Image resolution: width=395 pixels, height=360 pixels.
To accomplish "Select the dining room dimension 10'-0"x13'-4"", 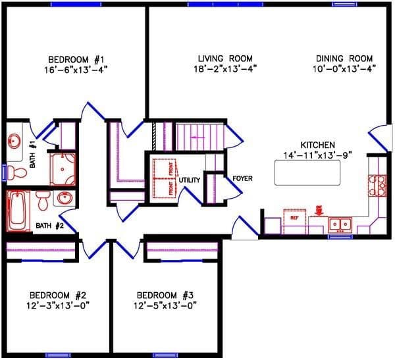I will [344, 68].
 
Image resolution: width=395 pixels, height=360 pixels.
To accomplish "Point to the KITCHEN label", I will [318, 145].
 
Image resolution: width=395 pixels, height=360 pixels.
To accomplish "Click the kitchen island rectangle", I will [307, 172].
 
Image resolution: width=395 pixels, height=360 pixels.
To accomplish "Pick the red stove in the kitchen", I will [378, 186].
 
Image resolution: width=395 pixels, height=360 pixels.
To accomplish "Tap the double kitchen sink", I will [340, 224].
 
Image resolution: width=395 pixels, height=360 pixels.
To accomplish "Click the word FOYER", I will [243, 178].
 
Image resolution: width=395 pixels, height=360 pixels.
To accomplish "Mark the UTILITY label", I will [190, 179].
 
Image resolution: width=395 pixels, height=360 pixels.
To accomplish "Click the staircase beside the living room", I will [199, 137].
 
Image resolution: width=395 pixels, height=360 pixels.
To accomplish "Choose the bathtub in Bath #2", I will [18, 210].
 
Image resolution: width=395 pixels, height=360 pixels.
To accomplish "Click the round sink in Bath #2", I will [65, 197].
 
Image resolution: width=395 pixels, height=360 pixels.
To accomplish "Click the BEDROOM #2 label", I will [59, 294].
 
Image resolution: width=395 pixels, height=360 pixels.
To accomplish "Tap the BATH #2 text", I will [49, 226].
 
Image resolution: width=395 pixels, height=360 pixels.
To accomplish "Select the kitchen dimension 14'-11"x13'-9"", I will [318, 155].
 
